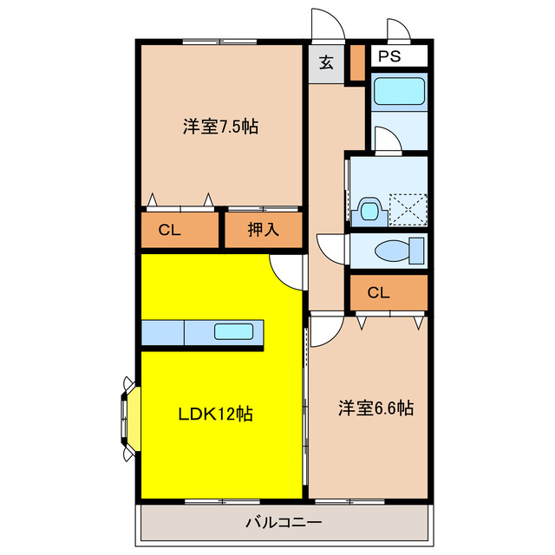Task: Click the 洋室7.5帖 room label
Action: (220, 127)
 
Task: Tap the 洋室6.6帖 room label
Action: (375, 408)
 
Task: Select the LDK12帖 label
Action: (215, 414)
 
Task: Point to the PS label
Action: (388, 57)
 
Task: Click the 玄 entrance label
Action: (326, 62)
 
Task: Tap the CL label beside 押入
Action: (169, 230)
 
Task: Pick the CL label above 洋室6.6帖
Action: (378, 292)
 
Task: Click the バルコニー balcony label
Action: (283, 523)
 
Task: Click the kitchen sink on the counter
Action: (233, 330)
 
